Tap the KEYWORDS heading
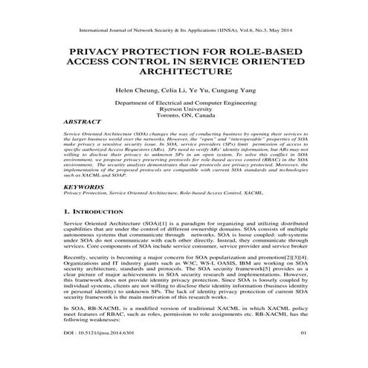(x=84, y=187)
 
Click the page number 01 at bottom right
(x=303, y=355)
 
